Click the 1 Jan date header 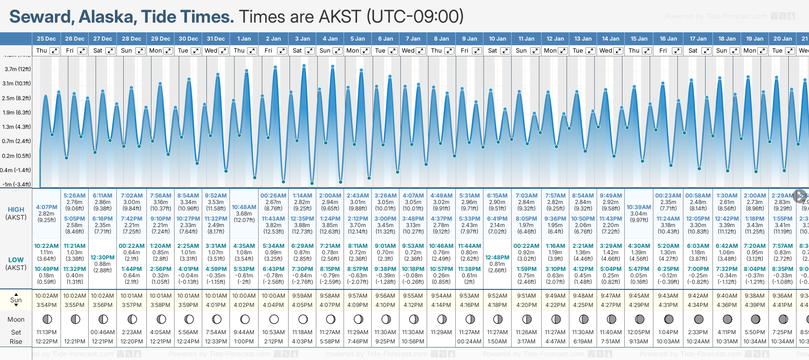tap(244, 39)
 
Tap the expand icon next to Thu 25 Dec tap(54, 51)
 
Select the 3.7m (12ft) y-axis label tap(18, 69)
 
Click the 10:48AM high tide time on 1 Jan tap(244, 207)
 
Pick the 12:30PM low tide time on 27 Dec tap(103, 258)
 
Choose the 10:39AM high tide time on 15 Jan tap(639, 207)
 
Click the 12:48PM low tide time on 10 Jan tap(497, 258)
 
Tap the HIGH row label tap(16, 210)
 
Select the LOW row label tap(16, 260)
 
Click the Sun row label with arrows tap(16, 300)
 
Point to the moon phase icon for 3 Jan tap(303, 319)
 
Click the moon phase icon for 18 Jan tap(727, 319)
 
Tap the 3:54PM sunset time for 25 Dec tap(47, 305)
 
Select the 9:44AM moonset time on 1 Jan tap(244, 332)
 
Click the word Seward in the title tap(40, 17)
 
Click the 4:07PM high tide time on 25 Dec tap(47, 207)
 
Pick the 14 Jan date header tap(611, 39)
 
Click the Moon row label tap(16, 319)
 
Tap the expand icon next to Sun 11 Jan tap(535, 51)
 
